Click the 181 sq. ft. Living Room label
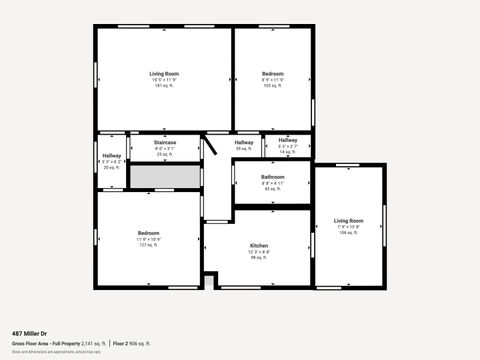tap(164, 74)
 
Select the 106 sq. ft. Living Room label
tap(349, 220)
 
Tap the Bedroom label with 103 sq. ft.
tap(273, 74)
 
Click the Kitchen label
tap(259, 245)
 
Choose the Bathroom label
tap(273, 177)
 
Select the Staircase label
tap(165, 143)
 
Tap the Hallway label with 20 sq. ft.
tap(111, 155)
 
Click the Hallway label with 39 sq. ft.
tap(244, 143)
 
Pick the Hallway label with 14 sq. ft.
tap(288, 140)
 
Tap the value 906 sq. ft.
tap(139, 343)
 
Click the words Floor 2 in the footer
tap(120, 343)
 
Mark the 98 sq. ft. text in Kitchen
tap(259, 257)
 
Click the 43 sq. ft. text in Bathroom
tap(273, 189)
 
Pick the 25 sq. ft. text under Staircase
tap(165, 155)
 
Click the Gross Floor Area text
tap(32, 343)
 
